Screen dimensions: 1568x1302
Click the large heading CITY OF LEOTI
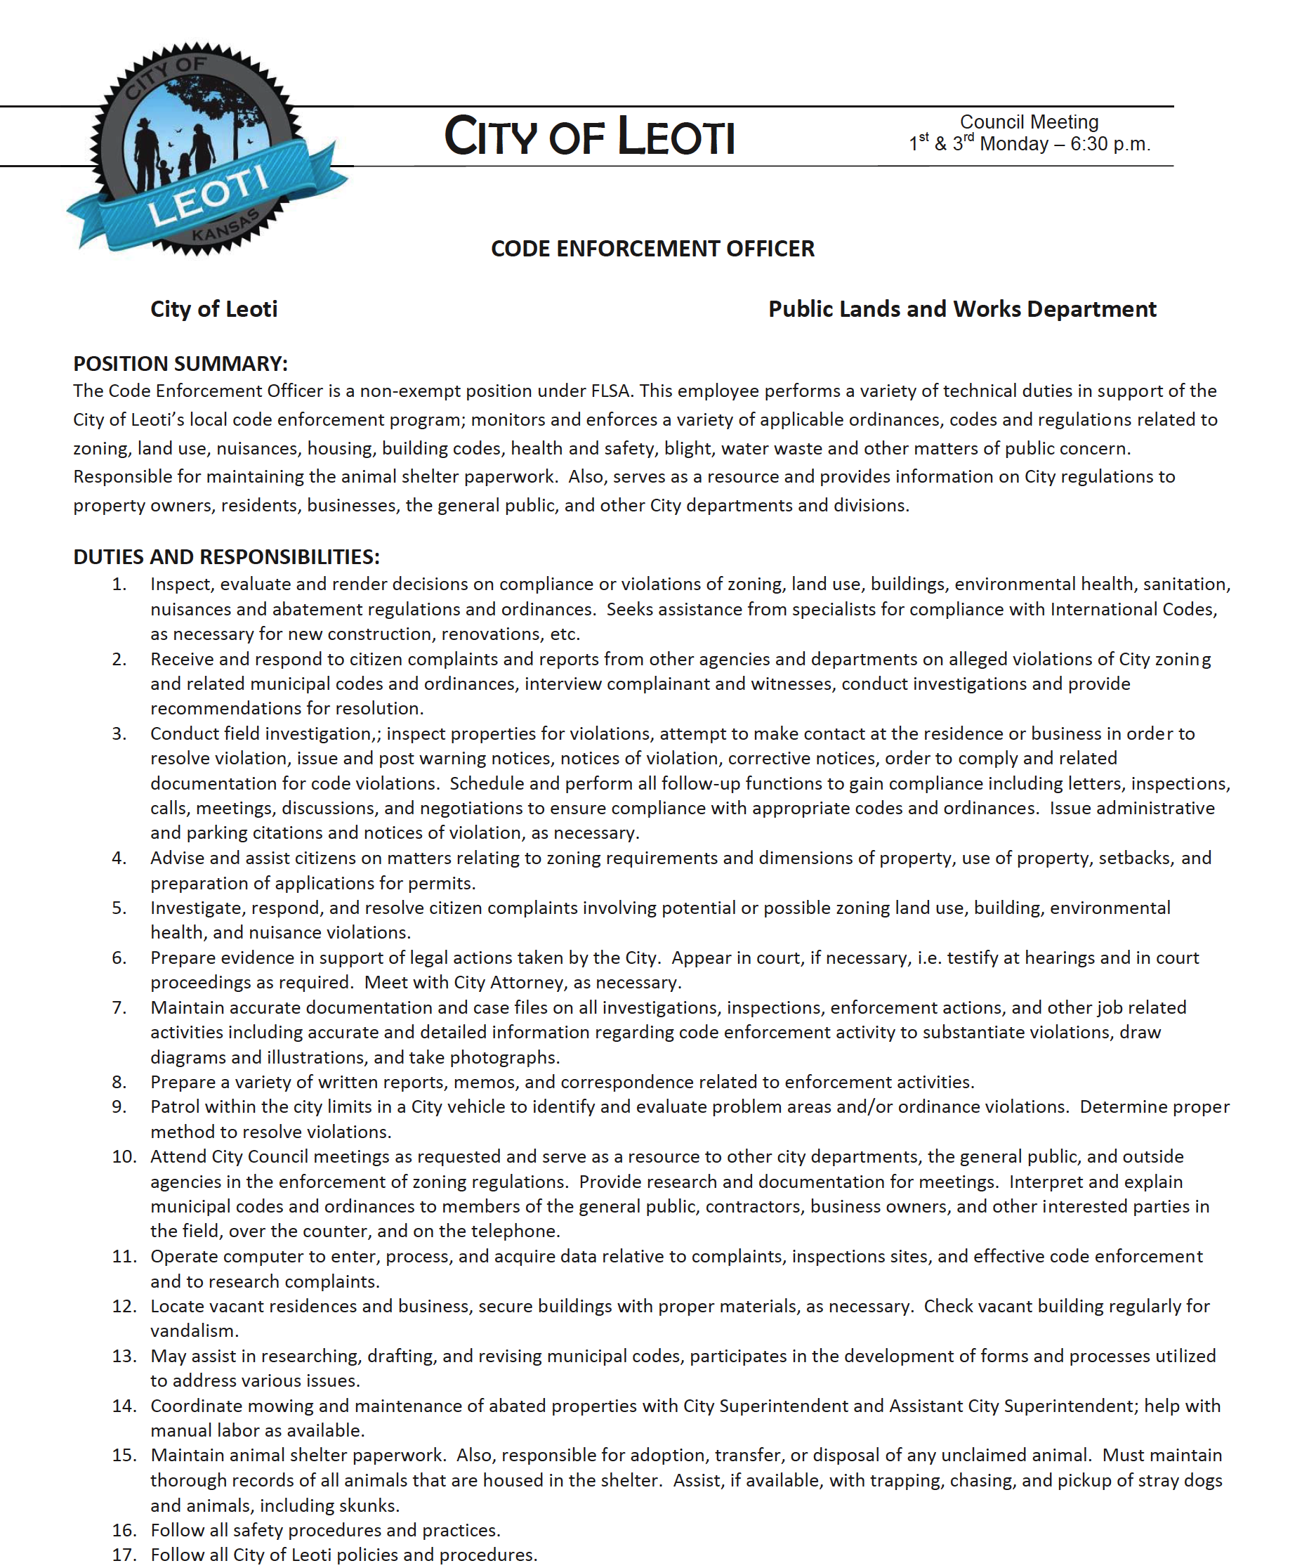pos(589,137)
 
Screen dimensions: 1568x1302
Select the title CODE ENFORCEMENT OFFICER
pos(652,249)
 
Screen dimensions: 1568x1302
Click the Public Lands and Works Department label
pos(961,309)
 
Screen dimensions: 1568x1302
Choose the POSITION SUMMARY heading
pos(180,364)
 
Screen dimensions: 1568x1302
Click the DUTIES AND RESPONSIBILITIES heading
pos(226,557)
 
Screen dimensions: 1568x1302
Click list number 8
pos(119,1082)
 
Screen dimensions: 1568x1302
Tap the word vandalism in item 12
pos(194,1331)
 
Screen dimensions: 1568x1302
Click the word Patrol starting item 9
pos(175,1106)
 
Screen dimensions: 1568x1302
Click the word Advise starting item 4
pos(177,858)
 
